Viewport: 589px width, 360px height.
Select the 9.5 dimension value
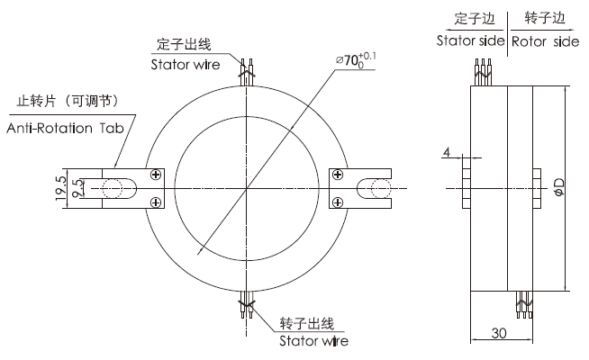coord(78,188)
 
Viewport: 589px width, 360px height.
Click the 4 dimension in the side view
coord(447,152)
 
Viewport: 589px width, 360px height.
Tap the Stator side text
coord(470,41)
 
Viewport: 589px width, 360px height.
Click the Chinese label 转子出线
coord(306,323)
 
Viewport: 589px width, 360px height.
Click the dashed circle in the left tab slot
coord(114,188)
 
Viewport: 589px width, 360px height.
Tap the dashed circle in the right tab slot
coord(376,188)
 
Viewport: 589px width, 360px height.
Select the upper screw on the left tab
coord(157,175)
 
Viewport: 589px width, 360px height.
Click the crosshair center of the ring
coord(246,188)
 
